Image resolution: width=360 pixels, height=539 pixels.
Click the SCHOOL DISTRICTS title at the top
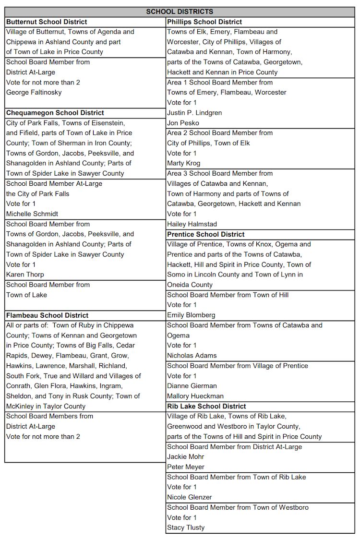click(x=180, y=12)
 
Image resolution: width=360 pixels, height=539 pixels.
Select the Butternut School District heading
click(x=47, y=22)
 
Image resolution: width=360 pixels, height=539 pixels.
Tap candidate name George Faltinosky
click(x=34, y=92)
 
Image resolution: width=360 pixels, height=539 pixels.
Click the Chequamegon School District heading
click(x=55, y=113)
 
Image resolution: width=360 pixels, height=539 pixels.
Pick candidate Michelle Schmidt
click(x=32, y=214)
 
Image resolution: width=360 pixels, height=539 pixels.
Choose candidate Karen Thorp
click(x=25, y=275)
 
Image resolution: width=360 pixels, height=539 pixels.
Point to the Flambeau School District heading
click(x=47, y=315)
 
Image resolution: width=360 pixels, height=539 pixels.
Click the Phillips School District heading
click(x=204, y=22)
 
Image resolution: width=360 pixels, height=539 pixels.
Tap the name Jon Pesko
click(x=183, y=123)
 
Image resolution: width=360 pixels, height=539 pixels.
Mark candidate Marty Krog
click(x=184, y=163)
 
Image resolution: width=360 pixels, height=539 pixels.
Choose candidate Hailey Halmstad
click(x=192, y=224)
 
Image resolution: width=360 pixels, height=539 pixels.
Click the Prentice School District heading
click(x=206, y=234)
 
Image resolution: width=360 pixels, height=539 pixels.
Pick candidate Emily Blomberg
click(x=191, y=315)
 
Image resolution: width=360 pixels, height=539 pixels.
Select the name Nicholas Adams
click(x=192, y=356)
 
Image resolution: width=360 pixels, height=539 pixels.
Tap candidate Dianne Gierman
click(x=192, y=386)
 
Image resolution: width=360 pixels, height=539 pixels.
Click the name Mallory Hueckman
click(x=195, y=396)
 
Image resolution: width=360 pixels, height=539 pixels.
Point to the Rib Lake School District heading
click(x=206, y=406)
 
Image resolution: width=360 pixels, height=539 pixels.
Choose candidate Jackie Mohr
click(x=186, y=456)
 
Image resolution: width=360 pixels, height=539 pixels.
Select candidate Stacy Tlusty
click(x=186, y=527)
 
